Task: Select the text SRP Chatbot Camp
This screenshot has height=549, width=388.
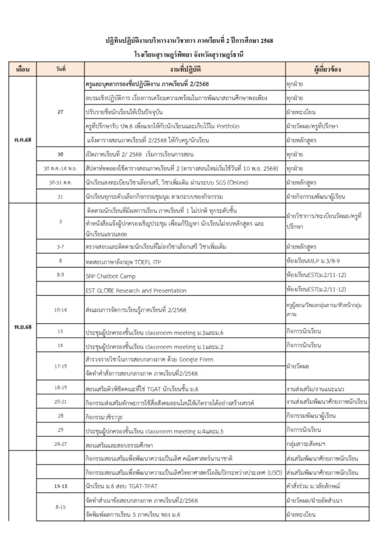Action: (x=110, y=276)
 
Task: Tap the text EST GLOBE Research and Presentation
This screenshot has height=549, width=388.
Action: (x=136, y=290)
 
